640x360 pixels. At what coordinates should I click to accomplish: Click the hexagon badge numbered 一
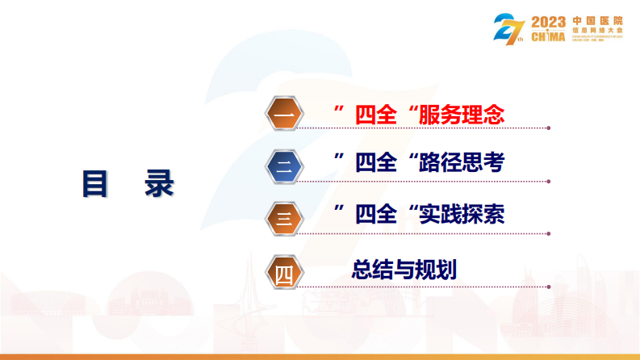pos(283,116)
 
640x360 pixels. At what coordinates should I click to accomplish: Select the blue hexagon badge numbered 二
pos(283,167)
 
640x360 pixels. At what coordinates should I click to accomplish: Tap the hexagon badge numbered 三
pos(283,217)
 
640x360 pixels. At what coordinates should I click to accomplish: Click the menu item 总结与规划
pos(404,270)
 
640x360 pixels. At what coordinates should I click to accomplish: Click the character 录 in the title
pos(159,183)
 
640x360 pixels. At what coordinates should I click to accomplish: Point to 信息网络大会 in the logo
pos(597,29)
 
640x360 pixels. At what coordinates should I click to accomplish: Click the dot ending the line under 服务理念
pos(550,128)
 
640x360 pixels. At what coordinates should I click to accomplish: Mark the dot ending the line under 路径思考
pos(550,178)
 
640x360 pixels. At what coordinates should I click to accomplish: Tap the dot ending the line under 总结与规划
pos(550,285)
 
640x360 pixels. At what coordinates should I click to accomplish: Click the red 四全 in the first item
pos(376,115)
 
